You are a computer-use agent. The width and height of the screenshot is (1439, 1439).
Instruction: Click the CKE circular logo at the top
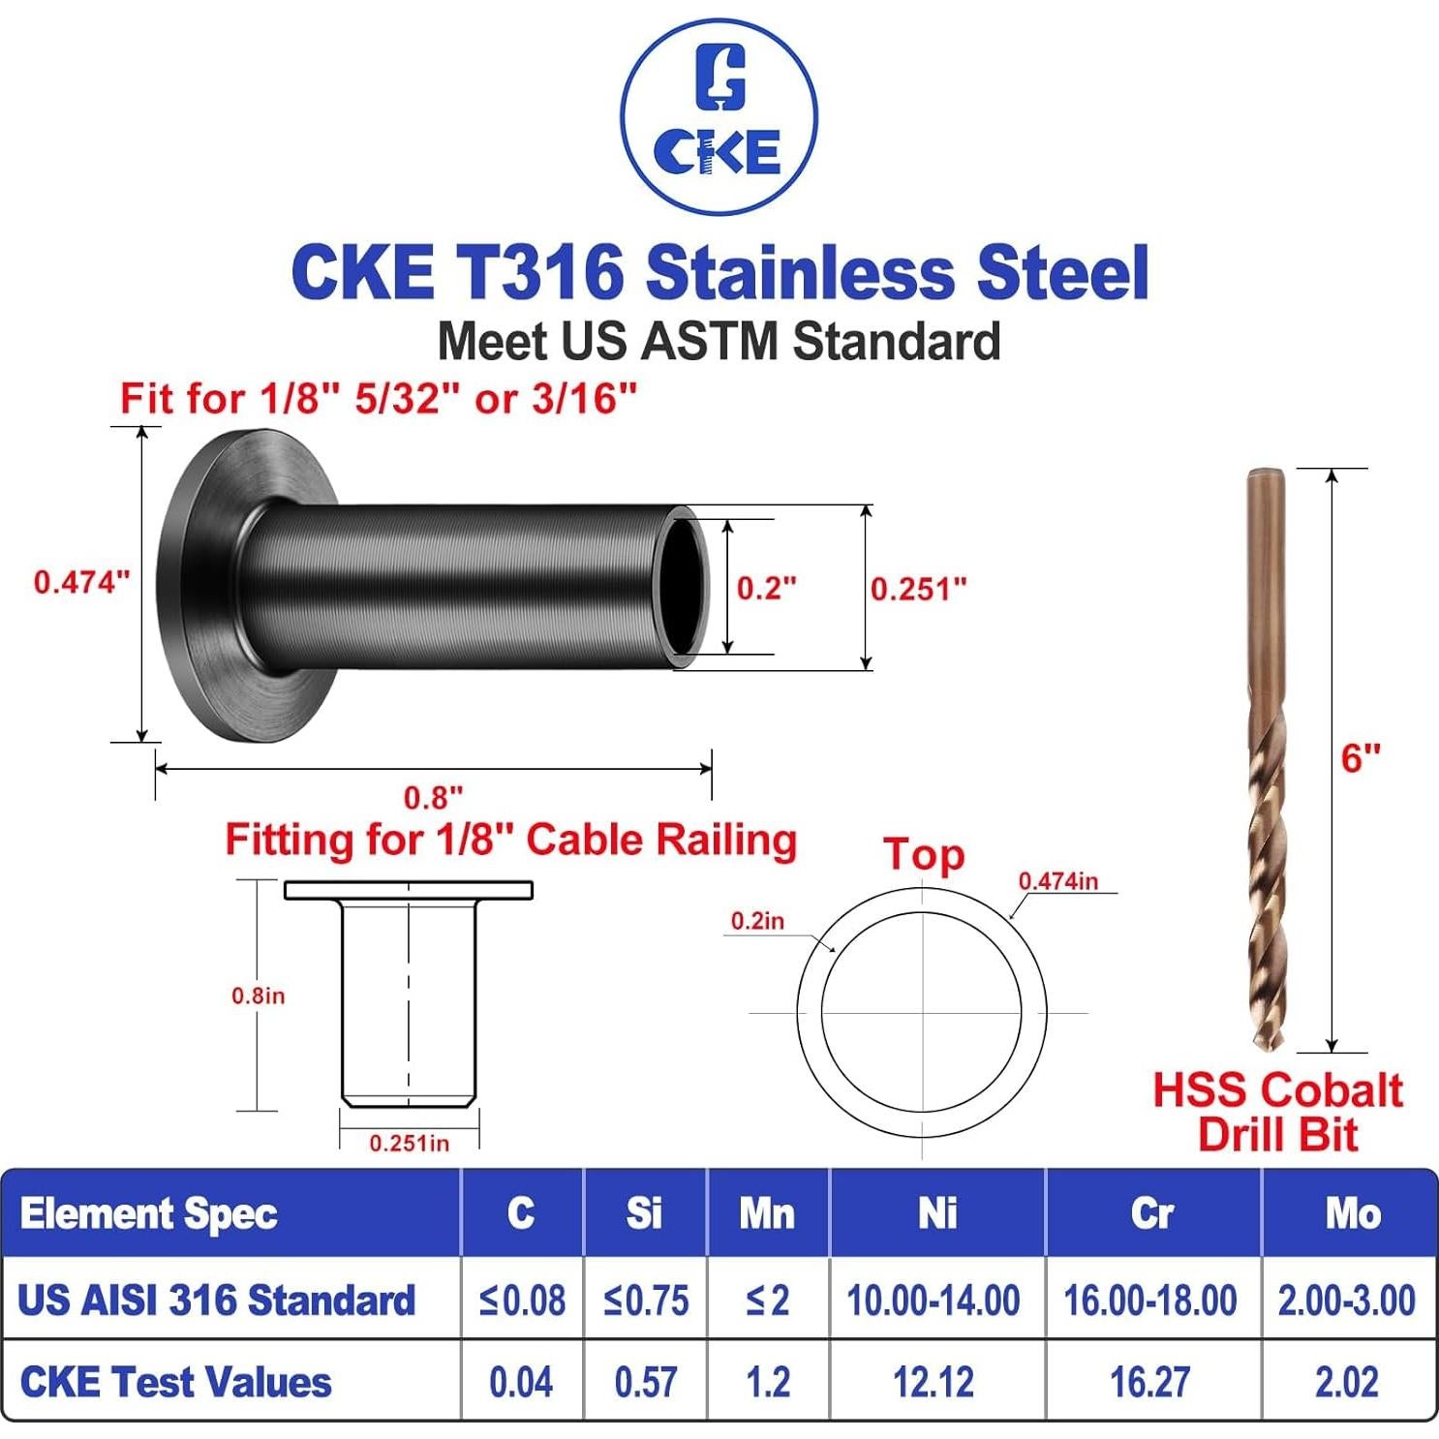click(719, 117)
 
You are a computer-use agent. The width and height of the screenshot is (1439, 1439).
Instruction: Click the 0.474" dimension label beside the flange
click(81, 582)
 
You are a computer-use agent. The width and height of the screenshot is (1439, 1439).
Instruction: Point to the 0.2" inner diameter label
click(766, 588)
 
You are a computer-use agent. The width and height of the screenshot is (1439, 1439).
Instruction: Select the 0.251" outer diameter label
click(918, 589)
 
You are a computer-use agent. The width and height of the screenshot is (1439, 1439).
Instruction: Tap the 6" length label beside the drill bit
click(1361, 758)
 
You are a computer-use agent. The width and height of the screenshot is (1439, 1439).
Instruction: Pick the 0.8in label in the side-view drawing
click(258, 995)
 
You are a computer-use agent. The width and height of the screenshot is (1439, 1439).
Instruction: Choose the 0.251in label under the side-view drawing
click(409, 1144)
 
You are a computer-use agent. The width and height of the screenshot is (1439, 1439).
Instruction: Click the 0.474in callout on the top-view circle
click(1057, 881)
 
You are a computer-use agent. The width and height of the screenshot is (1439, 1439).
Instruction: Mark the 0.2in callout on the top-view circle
click(757, 921)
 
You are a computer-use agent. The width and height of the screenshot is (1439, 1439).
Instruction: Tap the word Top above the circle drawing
click(924, 855)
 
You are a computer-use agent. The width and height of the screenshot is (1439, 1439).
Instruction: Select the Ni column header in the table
click(936, 1213)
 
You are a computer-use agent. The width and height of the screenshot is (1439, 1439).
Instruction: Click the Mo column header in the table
click(1353, 1213)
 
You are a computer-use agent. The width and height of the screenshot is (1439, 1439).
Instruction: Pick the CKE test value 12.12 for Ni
click(934, 1382)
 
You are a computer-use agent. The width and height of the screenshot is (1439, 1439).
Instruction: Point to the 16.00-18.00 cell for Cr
click(1150, 1300)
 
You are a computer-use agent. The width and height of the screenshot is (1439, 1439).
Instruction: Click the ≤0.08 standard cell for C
click(522, 1300)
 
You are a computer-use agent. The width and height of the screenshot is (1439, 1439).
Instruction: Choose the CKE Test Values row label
click(175, 1382)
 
